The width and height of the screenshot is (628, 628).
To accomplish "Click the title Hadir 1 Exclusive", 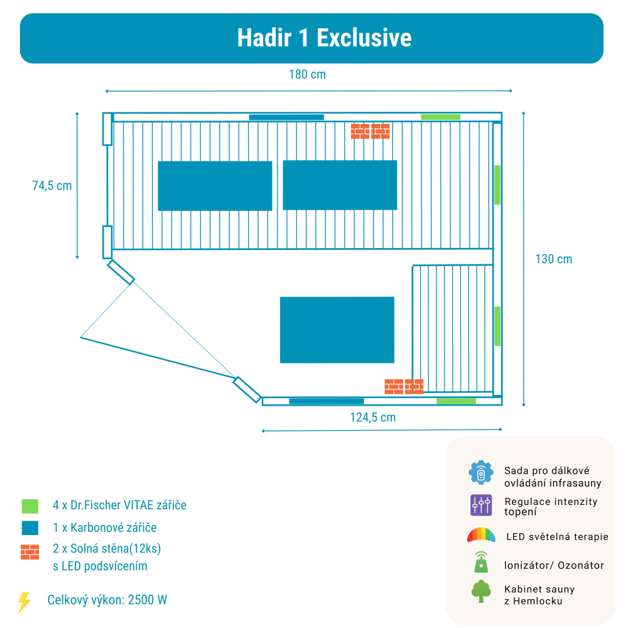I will (x=324, y=38).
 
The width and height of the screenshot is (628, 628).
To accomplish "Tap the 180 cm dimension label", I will (x=307, y=75).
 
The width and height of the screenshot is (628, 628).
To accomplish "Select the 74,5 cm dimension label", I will (x=52, y=185).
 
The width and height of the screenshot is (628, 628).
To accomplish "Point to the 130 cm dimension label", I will (x=553, y=259).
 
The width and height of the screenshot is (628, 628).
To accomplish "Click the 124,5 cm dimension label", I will (x=372, y=417).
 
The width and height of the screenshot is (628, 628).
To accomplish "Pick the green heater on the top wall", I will (x=440, y=117).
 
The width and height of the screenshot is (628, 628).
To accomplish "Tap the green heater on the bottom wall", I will (x=456, y=401).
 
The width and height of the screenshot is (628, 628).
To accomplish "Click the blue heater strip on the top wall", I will (x=286, y=117).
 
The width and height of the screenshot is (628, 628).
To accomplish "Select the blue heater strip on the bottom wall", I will (x=326, y=401).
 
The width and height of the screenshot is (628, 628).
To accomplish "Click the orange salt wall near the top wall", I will (x=370, y=131).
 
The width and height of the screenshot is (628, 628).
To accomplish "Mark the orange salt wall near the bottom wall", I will (x=404, y=386).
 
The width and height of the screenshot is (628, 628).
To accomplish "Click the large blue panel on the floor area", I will (x=337, y=330).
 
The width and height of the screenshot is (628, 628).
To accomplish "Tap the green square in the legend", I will (x=30, y=506).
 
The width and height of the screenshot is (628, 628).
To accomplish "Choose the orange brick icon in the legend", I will (x=30, y=552).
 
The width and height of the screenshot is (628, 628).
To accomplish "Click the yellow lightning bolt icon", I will (x=24, y=602).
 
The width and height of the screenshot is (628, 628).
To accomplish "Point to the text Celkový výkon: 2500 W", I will (x=107, y=600).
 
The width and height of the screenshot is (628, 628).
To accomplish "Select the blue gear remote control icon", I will (x=481, y=473).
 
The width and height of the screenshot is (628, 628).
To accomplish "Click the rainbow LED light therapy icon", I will (x=481, y=535).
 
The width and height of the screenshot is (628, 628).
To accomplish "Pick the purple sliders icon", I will (x=481, y=505).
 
